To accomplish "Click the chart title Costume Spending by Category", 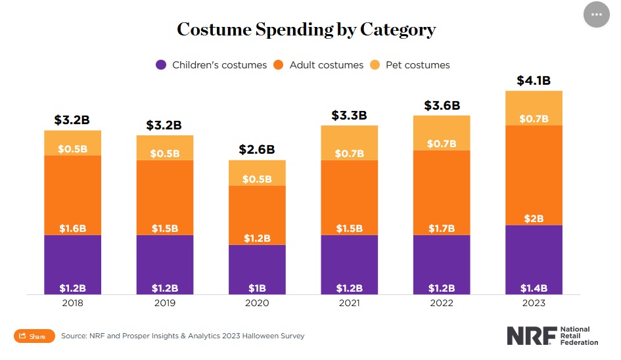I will pyautogui.click(x=306, y=30).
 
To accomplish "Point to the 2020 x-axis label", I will pyautogui.click(x=257, y=304).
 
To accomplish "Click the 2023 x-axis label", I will pyautogui.click(x=533, y=304).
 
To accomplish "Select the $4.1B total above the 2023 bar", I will pyautogui.click(x=533, y=81).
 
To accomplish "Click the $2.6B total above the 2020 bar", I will pyautogui.click(x=257, y=150).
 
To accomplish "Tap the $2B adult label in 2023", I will pyautogui.click(x=533, y=218).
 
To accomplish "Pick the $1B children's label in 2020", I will pyautogui.click(x=257, y=288).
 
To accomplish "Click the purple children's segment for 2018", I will pyautogui.click(x=73, y=263).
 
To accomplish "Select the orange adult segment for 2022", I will pyautogui.click(x=441, y=191).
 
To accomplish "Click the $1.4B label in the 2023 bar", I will pyautogui.click(x=533, y=288).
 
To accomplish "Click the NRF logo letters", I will pyautogui.click(x=530, y=336).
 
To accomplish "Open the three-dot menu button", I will pyautogui.click(x=596, y=14).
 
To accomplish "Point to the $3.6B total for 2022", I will pyautogui.click(x=441, y=106).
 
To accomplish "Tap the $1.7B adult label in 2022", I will pyautogui.click(x=441, y=229).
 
